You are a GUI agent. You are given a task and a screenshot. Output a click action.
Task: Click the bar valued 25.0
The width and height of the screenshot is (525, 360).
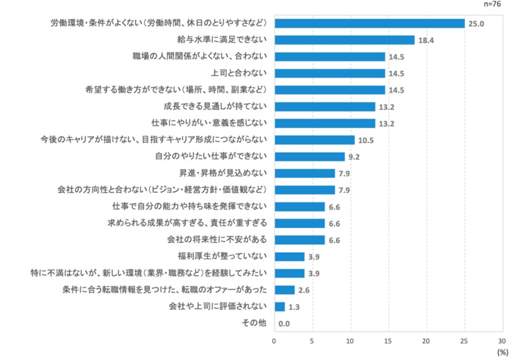pyautogui.click(x=369, y=23)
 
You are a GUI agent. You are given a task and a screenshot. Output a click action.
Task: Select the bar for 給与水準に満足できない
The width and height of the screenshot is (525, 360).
pyautogui.click(x=344, y=40)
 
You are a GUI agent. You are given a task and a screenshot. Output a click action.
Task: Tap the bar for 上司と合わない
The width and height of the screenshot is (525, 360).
pyautogui.click(x=329, y=73)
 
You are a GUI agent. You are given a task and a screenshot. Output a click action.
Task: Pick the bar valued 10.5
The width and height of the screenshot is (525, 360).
pyautogui.click(x=314, y=140)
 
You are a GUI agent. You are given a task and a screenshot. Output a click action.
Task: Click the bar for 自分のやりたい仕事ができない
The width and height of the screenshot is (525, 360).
pyautogui.click(x=309, y=157)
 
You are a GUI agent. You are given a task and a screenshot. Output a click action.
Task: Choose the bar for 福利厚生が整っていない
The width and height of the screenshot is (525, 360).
pyautogui.click(x=289, y=256)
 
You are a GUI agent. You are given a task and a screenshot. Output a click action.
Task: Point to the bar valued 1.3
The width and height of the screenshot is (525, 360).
pyautogui.click(x=279, y=306)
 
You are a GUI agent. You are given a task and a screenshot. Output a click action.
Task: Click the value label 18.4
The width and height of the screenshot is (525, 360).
pyautogui.click(x=427, y=41)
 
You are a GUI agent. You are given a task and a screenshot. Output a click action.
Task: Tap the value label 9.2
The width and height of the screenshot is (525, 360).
pyautogui.click(x=354, y=157)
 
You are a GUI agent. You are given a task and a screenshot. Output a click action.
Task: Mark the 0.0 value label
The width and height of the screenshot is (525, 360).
pyautogui.click(x=284, y=324)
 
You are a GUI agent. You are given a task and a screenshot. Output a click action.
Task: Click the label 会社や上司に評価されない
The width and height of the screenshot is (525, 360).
pyautogui.click(x=217, y=306)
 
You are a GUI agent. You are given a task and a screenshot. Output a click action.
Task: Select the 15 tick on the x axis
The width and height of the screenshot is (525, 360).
pyautogui.click(x=388, y=340)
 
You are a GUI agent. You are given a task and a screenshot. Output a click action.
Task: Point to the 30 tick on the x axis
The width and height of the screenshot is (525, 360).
pyautogui.click(x=502, y=340)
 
